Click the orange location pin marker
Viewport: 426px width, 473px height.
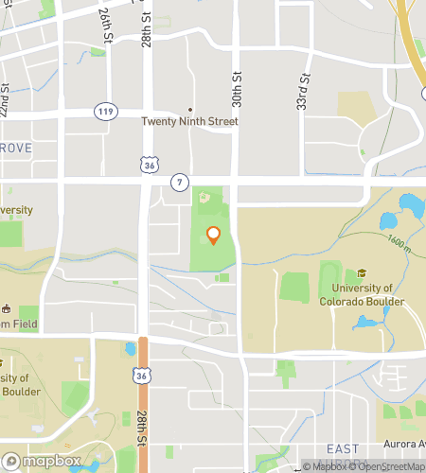click(213, 235)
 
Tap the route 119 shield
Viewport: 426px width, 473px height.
click(105, 112)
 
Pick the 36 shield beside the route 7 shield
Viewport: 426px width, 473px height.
click(148, 165)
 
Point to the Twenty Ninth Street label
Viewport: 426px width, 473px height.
click(189, 122)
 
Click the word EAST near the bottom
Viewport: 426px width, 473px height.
click(342, 448)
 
